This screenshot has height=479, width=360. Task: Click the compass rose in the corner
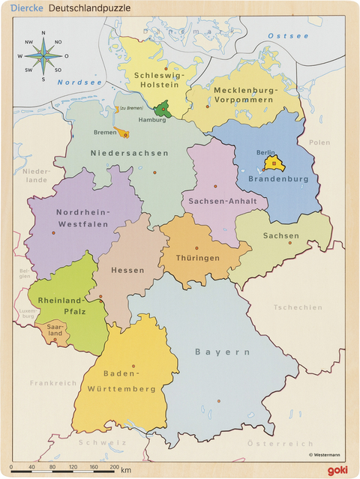coord(43,56)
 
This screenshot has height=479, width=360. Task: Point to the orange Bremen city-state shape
coord(124,134)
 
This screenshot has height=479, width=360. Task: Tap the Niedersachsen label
coord(129,153)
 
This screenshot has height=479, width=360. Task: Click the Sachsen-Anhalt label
coord(223,202)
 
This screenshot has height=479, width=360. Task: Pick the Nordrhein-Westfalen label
coord(82,217)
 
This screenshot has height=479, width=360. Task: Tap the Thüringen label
coord(198,258)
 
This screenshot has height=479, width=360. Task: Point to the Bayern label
coord(222,352)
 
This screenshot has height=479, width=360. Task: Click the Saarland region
coord(55,331)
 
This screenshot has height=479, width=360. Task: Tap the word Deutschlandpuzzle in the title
coord(89,7)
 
